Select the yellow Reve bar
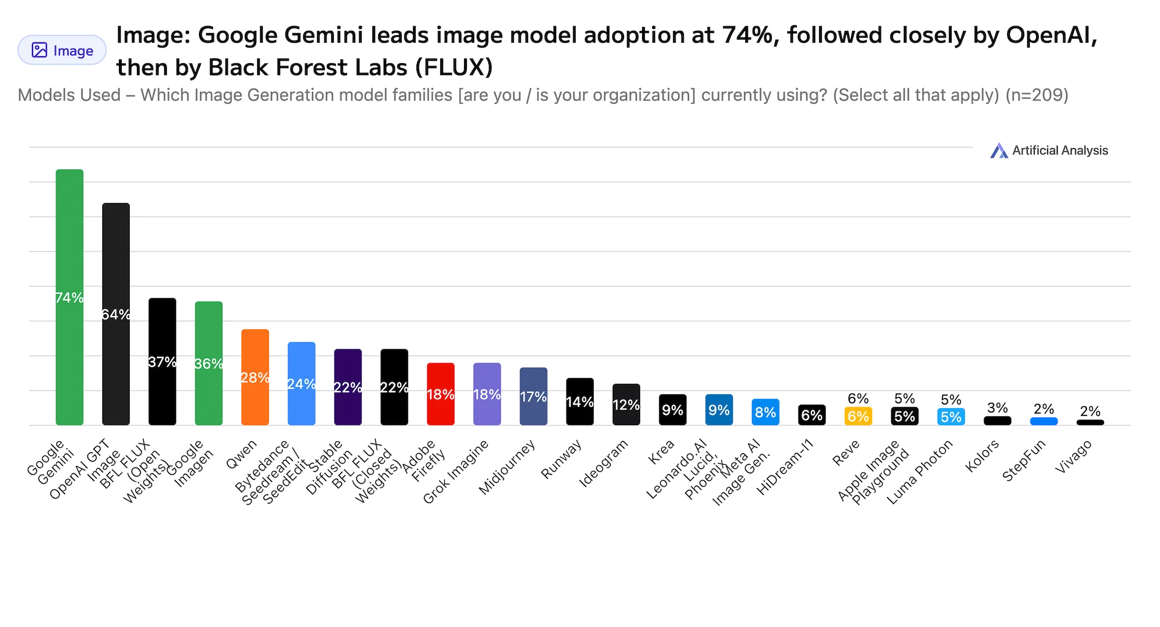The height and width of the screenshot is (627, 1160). click(x=858, y=417)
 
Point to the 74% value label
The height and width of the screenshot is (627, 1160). click(x=70, y=298)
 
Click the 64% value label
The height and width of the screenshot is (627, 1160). click(x=116, y=315)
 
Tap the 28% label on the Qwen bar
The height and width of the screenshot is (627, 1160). click(x=255, y=378)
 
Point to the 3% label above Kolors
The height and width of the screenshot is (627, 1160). click(x=998, y=408)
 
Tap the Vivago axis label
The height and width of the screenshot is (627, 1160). click(x=1074, y=456)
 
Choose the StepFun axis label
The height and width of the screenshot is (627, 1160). click(x=1024, y=460)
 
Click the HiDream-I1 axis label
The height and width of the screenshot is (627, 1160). click(x=785, y=466)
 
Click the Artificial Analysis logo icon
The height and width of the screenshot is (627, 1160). click(x=999, y=151)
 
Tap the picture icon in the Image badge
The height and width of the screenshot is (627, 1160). click(x=39, y=50)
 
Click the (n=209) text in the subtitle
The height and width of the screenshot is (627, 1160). click(x=1037, y=95)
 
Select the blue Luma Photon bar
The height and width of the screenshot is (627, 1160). click(x=951, y=417)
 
